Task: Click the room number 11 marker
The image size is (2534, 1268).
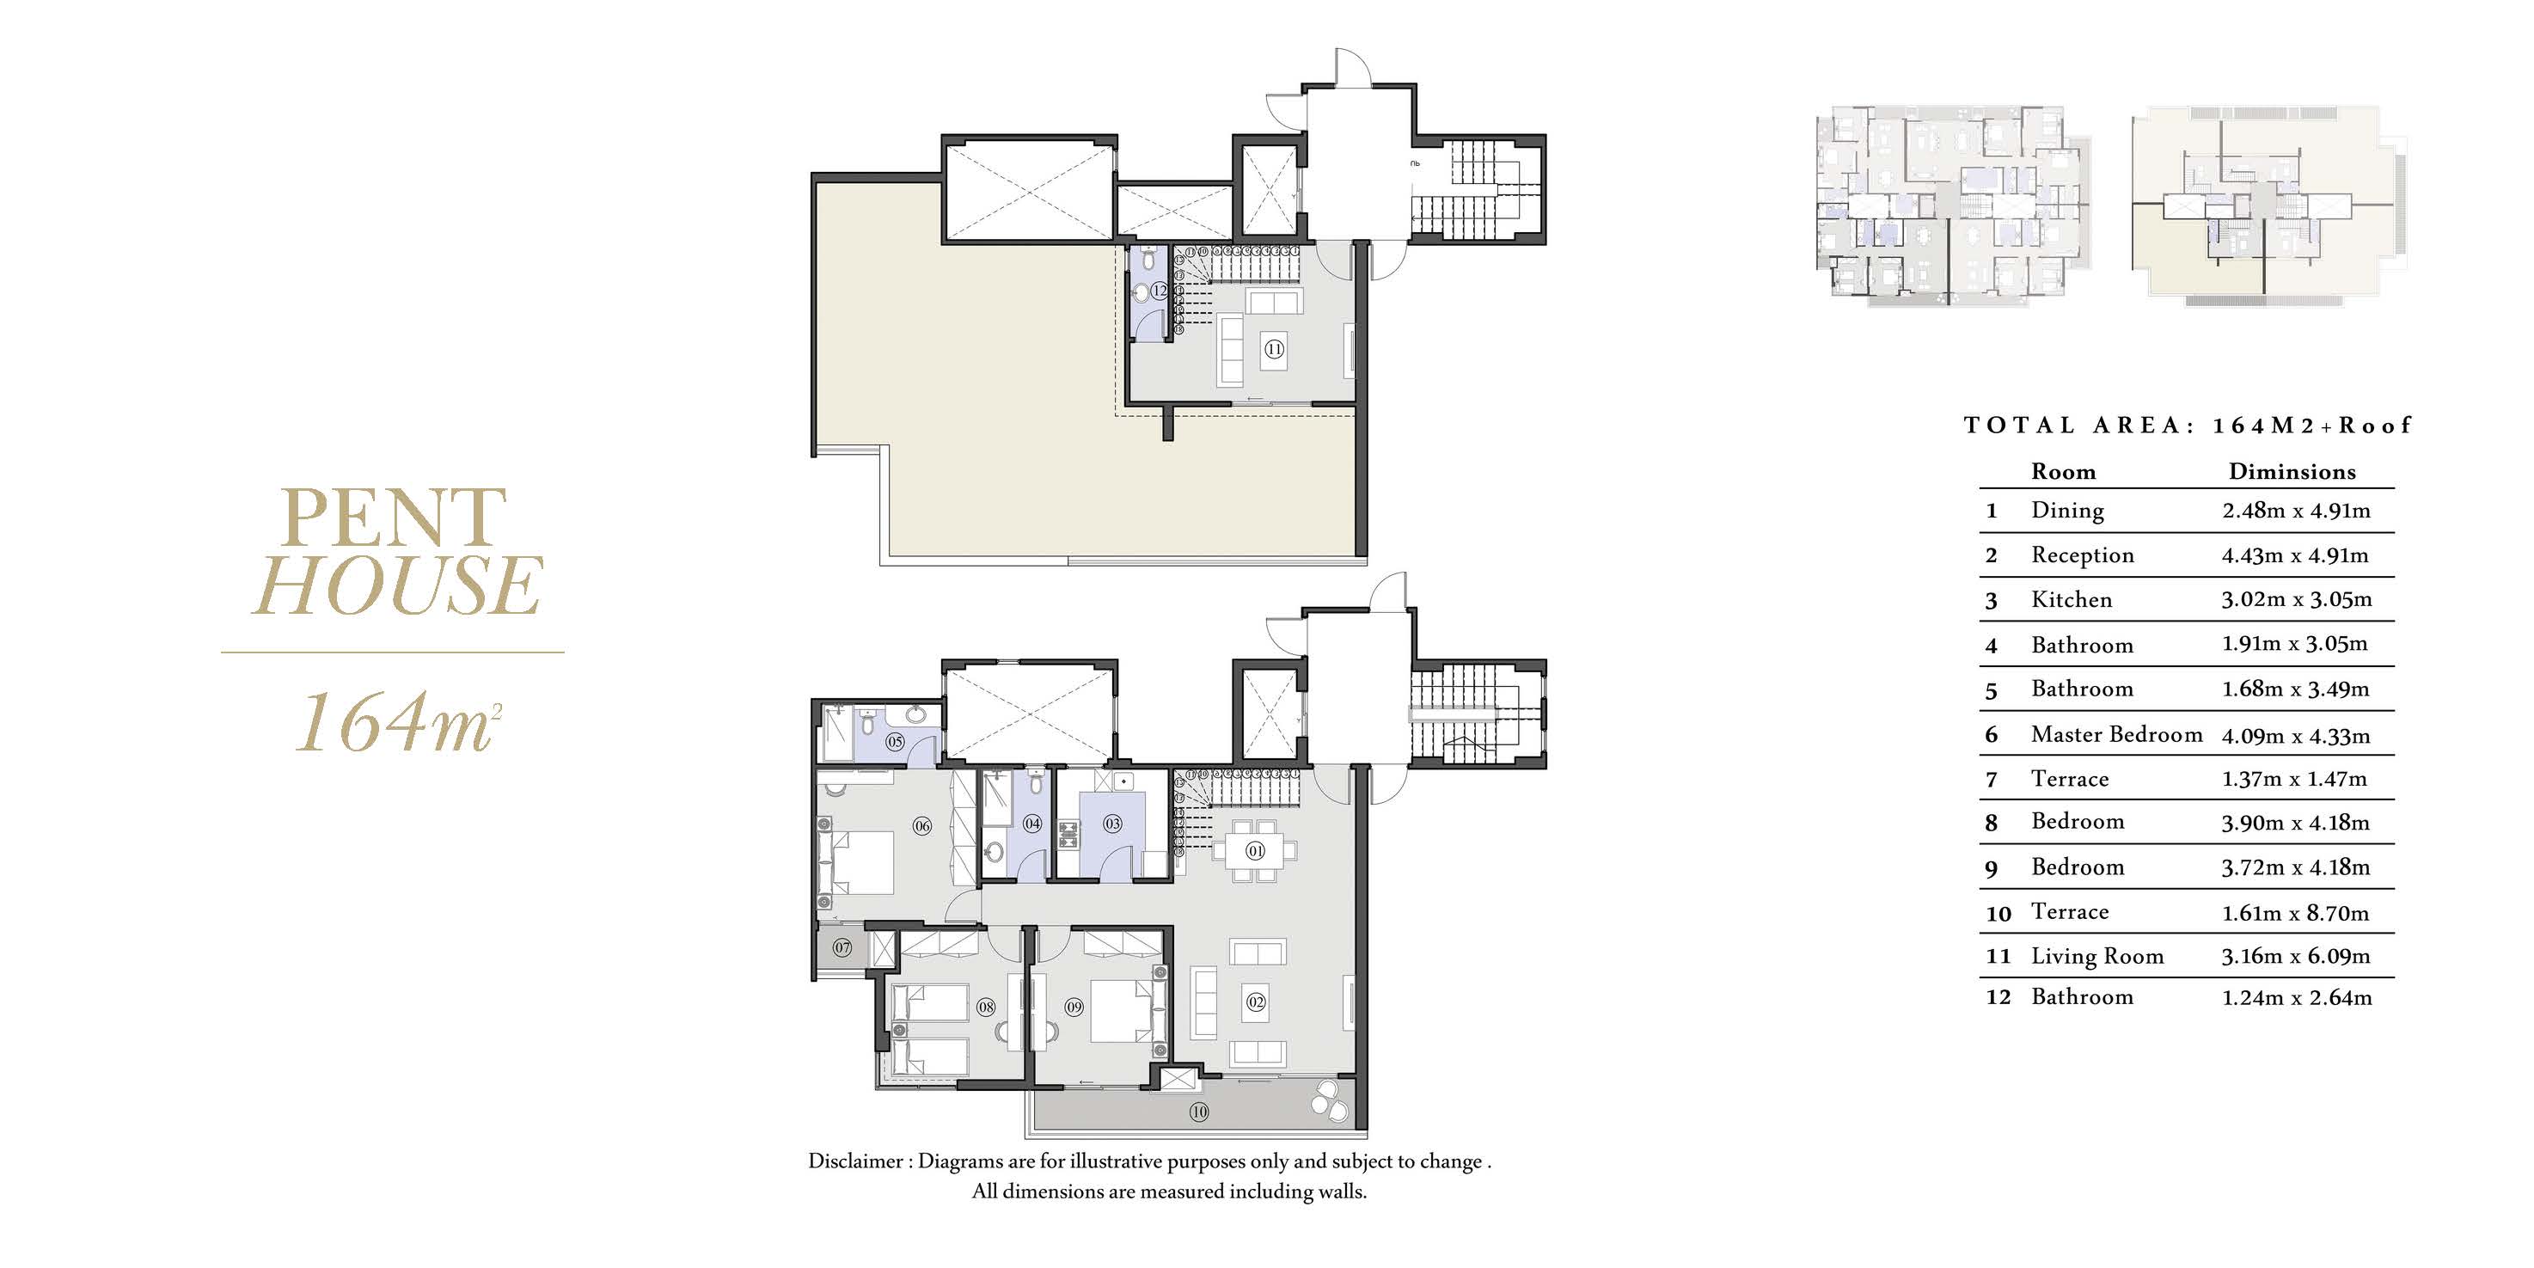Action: [1274, 349]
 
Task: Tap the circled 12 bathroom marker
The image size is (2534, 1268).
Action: [1160, 291]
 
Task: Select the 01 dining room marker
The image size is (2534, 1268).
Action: [1255, 851]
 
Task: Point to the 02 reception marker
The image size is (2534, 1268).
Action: [1256, 1002]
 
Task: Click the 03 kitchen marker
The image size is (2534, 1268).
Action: [1112, 824]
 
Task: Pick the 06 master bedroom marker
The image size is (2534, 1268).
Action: [921, 826]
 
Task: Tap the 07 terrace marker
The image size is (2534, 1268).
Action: [842, 948]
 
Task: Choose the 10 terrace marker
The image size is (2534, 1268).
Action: [1198, 1112]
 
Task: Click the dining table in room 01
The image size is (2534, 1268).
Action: [1256, 851]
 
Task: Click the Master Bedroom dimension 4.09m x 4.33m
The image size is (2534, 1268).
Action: [2296, 736]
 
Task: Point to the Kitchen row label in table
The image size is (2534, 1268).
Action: [2072, 600]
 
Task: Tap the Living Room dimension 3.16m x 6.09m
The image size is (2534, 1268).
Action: [2296, 956]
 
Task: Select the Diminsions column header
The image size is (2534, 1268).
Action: [2292, 472]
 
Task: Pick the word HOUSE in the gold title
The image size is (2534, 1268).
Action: [397, 585]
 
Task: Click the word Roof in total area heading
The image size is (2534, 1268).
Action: [2375, 425]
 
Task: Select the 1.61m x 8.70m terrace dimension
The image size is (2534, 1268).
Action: [2296, 913]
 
